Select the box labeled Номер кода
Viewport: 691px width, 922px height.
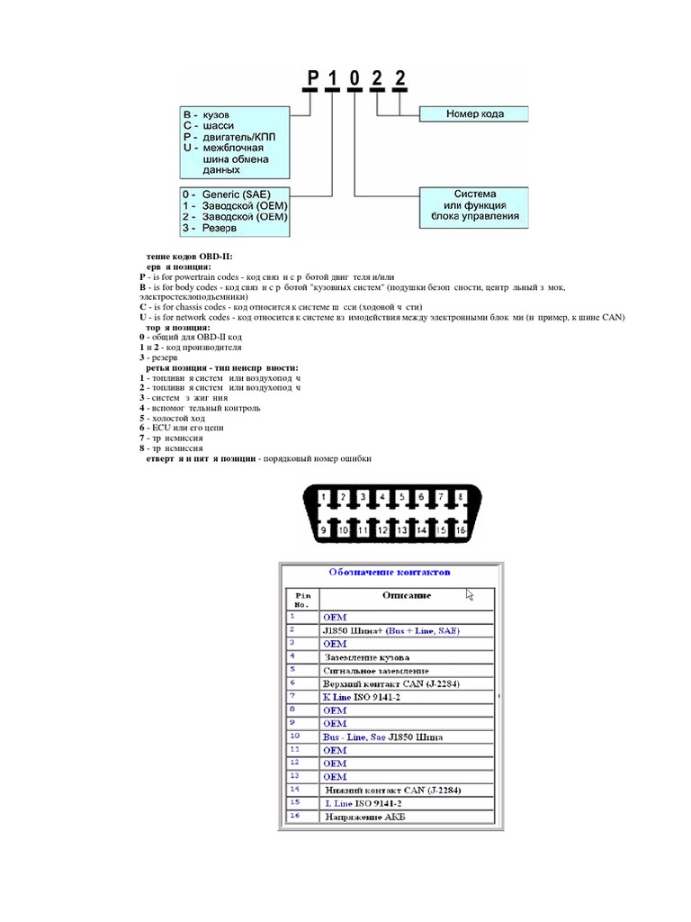coord(474,114)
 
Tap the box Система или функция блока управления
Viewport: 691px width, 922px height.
coord(474,205)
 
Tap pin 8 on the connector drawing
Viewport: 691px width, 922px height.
coord(460,497)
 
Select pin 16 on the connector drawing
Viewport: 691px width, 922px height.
coord(460,531)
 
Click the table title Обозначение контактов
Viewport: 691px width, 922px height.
coord(390,572)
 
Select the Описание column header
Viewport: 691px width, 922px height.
coord(406,595)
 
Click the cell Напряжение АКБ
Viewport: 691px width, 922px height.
coord(363,817)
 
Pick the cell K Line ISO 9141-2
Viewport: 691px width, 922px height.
coord(363,697)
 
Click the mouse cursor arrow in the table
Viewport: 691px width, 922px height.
coord(470,594)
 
